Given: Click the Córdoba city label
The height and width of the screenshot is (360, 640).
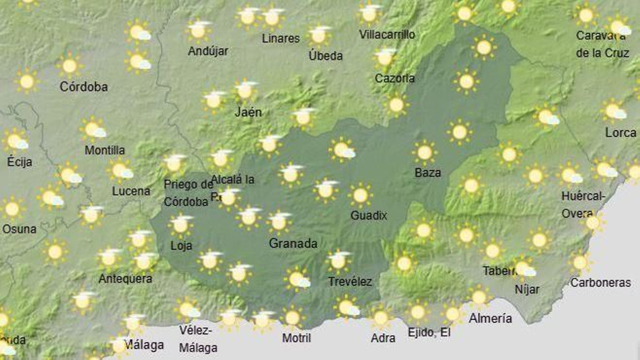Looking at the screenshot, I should pyautogui.click(x=84, y=86).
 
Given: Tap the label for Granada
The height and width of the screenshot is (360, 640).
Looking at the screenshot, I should pyautogui.click(x=293, y=243).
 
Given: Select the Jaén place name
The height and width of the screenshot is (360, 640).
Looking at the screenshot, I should pyautogui.click(x=248, y=112).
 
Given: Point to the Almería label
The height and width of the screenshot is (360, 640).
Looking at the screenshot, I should pyautogui.click(x=490, y=318).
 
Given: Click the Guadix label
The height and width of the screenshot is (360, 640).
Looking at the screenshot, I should pyautogui.click(x=368, y=216).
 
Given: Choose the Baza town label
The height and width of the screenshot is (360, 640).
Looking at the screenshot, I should pyautogui.click(x=428, y=173).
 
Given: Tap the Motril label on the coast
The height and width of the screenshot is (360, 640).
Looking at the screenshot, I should pyautogui.click(x=296, y=338).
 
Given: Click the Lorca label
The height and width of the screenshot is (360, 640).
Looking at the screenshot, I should pyautogui.click(x=620, y=133).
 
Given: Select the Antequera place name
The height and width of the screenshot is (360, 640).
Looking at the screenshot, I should pyautogui.click(x=125, y=279).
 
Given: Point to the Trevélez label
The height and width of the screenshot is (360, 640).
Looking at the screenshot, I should pyautogui.click(x=350, y=282).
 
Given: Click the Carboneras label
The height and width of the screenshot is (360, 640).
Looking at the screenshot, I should pyautogui.click(x=600, y=283).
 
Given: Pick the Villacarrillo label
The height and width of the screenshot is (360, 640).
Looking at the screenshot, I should pyautogui.click(x=387, y=35).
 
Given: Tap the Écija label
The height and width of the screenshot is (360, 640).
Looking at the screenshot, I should pyautogui.click(x=20, y=162).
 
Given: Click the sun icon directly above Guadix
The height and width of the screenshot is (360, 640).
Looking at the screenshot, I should pyautogui.click(x=360, y=196).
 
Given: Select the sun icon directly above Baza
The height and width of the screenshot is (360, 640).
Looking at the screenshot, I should pyautogui.click(x=424, y=152).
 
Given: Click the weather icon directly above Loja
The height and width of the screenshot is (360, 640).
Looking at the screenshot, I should pyautogui.click(x=180, y=225).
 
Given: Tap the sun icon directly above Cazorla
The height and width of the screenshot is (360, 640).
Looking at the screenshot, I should pyautogui.click(x=385, y=58).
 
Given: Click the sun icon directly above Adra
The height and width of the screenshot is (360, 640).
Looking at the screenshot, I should pyautogui.click(x=380, y=318).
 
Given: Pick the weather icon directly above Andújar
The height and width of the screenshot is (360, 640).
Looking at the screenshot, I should pyautogui.click(x=198, y=30).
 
